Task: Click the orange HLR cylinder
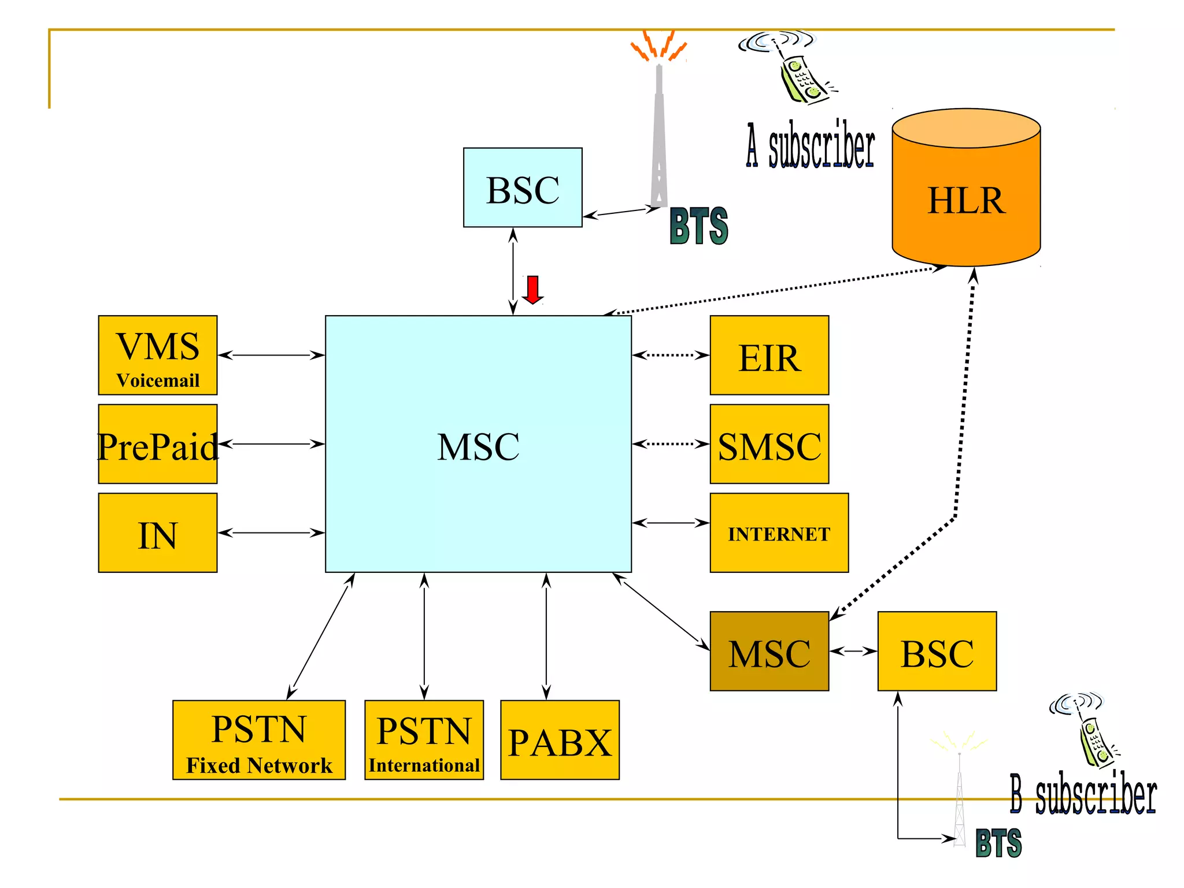coord(966,197)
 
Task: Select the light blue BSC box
coord(522,187)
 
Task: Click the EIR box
coord(769,356)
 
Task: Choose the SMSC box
coord(769,445)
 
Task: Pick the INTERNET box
coord(779,533)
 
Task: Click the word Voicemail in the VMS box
coord(158,380)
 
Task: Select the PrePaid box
coord(158,445)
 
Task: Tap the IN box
coord(158,533)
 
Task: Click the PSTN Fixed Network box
coord(258,740)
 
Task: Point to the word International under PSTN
coord(424,765)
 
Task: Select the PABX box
coord(560,741)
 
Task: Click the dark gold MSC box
coord(769,652)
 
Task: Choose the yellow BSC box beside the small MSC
coord(937,652)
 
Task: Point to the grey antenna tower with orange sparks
coord(658,133)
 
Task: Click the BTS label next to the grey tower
coord(698,227)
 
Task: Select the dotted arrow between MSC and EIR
coord(671,355)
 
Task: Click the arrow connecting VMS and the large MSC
coord(271,355)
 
